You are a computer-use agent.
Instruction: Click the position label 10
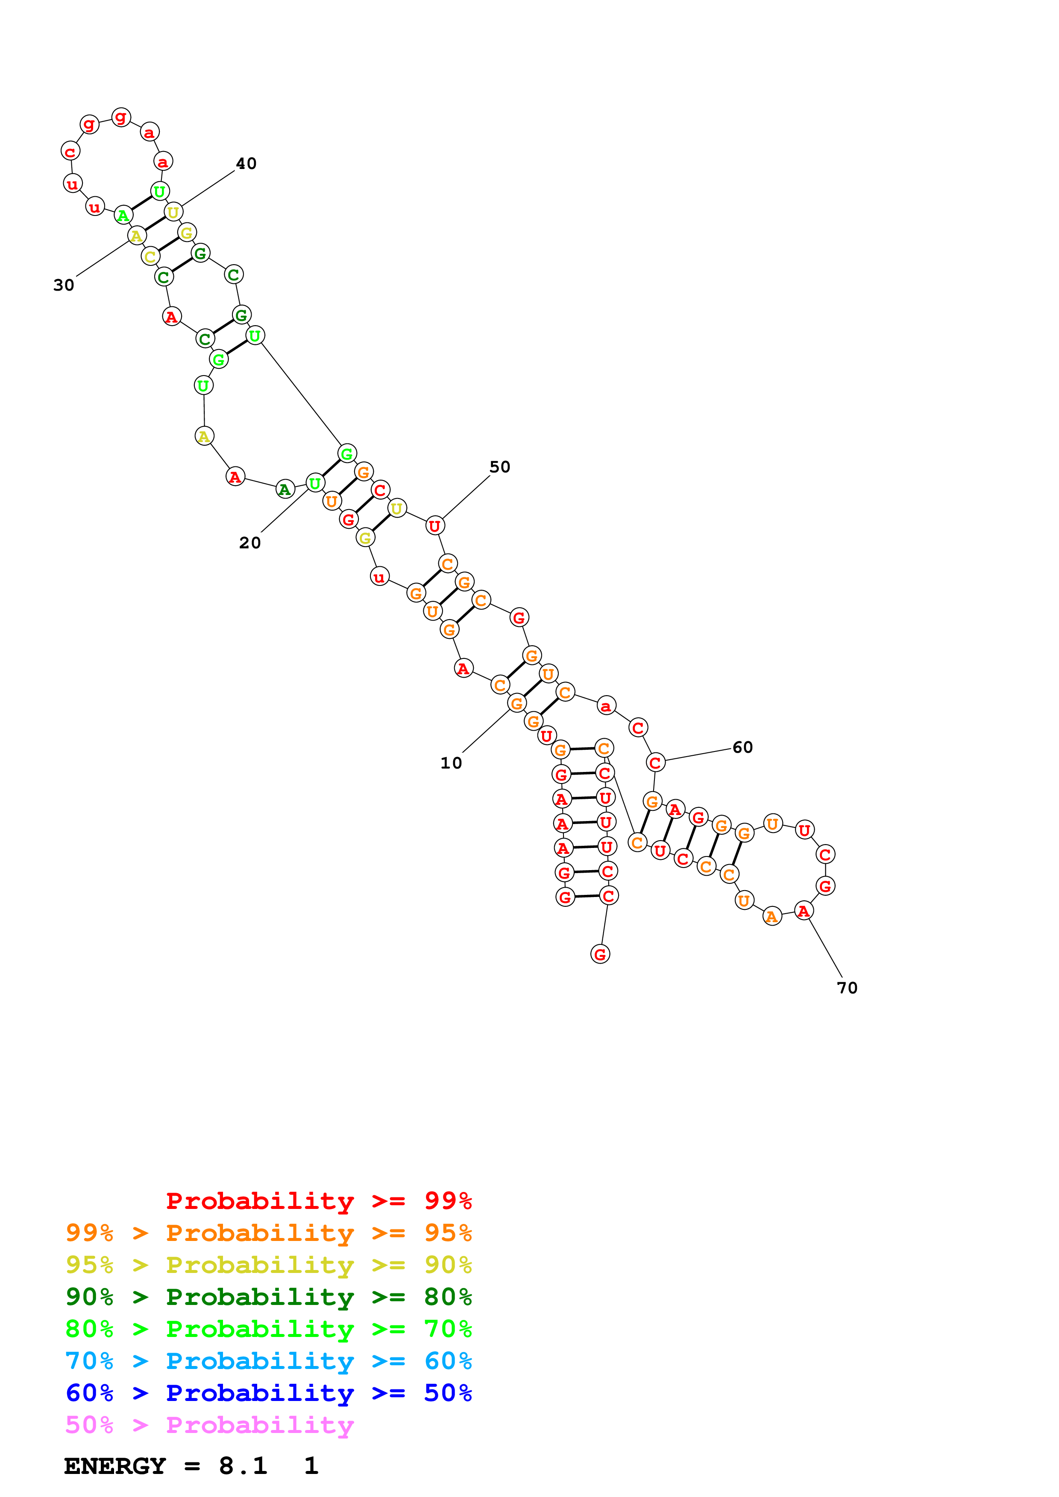(x=451, y=763)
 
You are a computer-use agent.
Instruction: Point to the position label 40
(x=246, y=163)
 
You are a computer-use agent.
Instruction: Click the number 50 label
(x=500, y=467)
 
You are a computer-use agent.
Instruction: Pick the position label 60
(x=742, y=747)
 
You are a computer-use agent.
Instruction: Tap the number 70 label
(x=847, y=988)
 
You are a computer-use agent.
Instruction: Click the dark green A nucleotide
(x=285, y=489)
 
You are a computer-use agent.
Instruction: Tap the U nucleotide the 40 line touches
(x=173, y=212)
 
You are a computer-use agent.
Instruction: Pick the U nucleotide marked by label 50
(x=434, y=525)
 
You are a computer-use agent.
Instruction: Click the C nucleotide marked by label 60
(x=655, y=762)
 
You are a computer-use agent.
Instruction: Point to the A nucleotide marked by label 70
(x=803, y=911)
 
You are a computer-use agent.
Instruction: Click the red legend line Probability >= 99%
(x=318, y=1200)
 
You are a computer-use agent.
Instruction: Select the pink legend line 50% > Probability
(x=209, y=1424)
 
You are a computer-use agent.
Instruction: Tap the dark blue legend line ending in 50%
(x=268, y=1393)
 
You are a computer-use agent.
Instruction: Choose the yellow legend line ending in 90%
(x=268, y=1265)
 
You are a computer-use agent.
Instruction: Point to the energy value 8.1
(x=243, y=1466)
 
